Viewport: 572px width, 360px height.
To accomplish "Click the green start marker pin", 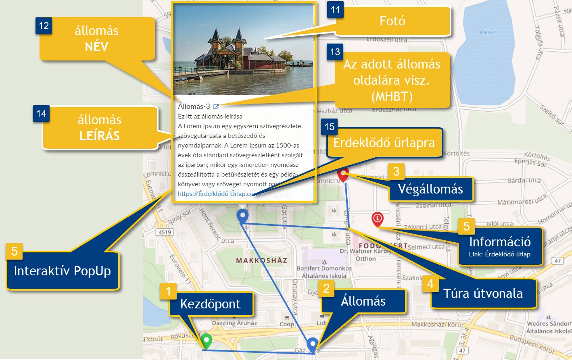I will (207, 341).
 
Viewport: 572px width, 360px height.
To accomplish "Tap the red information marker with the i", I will (377, 219).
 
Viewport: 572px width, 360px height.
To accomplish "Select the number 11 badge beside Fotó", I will (335, 10).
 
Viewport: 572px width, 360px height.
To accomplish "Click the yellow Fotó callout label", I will (392, 21).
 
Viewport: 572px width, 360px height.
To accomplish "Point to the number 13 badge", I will (335, 52).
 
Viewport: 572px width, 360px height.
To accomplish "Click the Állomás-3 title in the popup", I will (194, 106).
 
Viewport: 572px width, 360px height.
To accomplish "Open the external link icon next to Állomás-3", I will (216, 106).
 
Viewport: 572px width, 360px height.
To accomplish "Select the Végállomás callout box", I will (430, 189).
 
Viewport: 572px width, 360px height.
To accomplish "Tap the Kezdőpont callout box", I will (210, 304).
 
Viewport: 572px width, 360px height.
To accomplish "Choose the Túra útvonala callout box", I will (483, 293).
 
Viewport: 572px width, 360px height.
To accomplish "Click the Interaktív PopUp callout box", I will (63, 271).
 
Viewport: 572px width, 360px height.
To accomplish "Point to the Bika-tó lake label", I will (489, 32).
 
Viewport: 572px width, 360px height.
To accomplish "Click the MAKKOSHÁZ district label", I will (261, 260).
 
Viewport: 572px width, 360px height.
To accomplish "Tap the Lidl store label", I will (321, 323).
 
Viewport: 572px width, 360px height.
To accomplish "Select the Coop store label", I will (287, 324).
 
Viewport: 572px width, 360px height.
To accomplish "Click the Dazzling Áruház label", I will (234, 323).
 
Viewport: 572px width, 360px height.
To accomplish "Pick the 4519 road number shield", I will (165, 232).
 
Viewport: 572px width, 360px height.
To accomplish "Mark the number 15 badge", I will (330, 127).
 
